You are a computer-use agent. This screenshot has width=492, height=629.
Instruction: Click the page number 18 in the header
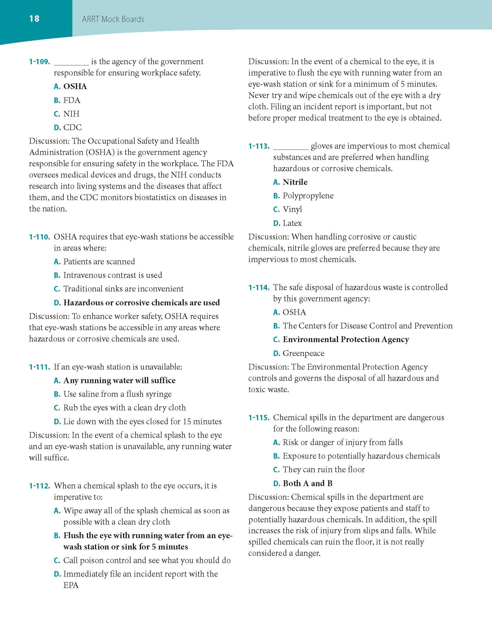pyautogui.click(x=34, y=19)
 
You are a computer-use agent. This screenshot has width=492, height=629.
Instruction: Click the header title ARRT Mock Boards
pyautogui.click(x=113, y=19)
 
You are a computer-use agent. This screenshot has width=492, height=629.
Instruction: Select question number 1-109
pyautogui.click(x=40, y=62)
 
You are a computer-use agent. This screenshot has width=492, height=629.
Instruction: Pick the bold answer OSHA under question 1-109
pyautogui.click(x=75, y=86)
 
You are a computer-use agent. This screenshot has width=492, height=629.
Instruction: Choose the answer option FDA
pyautogui.click(x=72, y=100)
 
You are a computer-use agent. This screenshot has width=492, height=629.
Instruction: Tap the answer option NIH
pyautogui.click(x=71, y=114)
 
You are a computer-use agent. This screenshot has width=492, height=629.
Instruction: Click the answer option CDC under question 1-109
pyautogui.click(x=72, y=127)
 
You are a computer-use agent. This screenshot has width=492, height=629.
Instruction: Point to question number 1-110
pyautogui.click(x=40, y=237)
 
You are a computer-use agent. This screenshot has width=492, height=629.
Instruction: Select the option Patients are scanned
pyautogui.click(x=99, y=262)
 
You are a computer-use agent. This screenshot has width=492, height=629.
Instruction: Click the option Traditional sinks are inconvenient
pyautogui.click(x=123, y=289)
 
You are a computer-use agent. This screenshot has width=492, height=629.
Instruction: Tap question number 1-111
pyautogui.click(x=40, y=367)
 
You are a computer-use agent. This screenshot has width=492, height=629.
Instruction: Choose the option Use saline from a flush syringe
pyautogui.click(x=117, y=394)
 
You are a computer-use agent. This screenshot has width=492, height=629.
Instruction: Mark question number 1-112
pyautogui.click(x=40, y=486)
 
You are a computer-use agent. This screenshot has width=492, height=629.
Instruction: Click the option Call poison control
pyautogui.click(x=147, y=560)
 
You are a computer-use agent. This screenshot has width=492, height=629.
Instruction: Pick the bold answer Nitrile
pyautogui.click(x=295, y=182)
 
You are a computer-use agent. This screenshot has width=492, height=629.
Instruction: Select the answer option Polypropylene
pyautogui.click(x=308, y=196)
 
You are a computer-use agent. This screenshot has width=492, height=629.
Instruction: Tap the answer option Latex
pyautogui.click(x=292, y=223)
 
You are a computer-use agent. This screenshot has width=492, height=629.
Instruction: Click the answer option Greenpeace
pyautogui.click(x=303, y=353)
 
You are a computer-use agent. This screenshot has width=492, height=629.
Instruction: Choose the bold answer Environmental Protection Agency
pyautogui.click(x=346, y=340)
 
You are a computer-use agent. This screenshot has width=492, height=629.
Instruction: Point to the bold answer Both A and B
pyautogui.click(x=307, y=484)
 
